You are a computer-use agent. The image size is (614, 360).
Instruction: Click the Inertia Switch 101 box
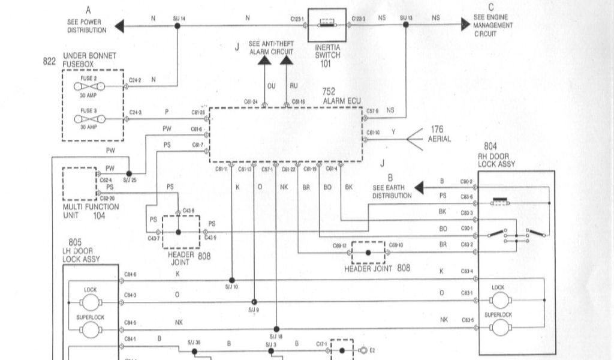click(x=327, y=25)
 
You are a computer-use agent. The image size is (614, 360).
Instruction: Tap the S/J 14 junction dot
click(x=177, y=25)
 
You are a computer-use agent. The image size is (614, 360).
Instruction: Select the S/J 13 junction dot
click(x=406, y=25)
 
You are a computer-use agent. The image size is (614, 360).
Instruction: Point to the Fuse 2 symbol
click(x=89, y=86)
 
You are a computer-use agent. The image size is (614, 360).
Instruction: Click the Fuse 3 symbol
click(x=89, y=119)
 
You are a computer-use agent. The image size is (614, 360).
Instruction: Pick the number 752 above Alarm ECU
click(x=329, y=92)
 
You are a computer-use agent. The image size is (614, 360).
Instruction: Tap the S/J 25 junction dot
click(x=129, y=173)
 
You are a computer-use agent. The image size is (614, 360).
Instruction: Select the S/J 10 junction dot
click(x=232, y=280)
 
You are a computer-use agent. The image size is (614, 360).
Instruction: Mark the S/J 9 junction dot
click(x=254, y=301)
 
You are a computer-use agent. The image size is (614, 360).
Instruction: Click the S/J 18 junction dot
click(x=276, y=329)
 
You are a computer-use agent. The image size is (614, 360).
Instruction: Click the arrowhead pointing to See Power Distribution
click(x=119, y=25)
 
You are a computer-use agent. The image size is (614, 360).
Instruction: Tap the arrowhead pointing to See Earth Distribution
click(x=419, y=188)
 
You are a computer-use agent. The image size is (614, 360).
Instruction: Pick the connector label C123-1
click(x=299, y=19)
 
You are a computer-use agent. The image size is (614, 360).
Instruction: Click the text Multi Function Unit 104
click(x=91, y=211)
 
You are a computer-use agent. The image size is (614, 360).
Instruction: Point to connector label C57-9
click(x=372, y=111)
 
